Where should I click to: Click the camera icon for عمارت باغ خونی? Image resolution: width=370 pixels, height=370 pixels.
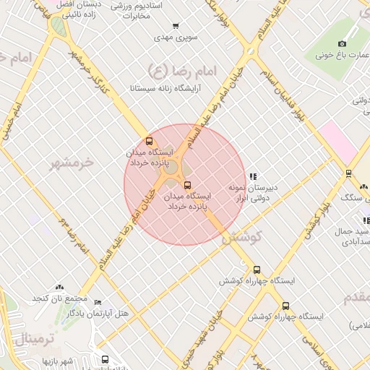coord(342,43)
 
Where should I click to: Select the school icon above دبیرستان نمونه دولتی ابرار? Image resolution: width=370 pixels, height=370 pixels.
coord(252,176)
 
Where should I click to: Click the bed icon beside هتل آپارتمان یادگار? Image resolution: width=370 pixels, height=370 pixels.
coord(98,303)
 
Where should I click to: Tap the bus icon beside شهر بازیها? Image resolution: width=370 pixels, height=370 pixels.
coord(106,359)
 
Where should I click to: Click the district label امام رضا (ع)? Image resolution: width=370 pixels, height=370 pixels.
coord(168,69)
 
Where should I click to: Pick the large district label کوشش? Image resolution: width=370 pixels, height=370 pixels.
coord(241,236)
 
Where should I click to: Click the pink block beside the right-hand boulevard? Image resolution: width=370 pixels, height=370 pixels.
coord(339,142)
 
